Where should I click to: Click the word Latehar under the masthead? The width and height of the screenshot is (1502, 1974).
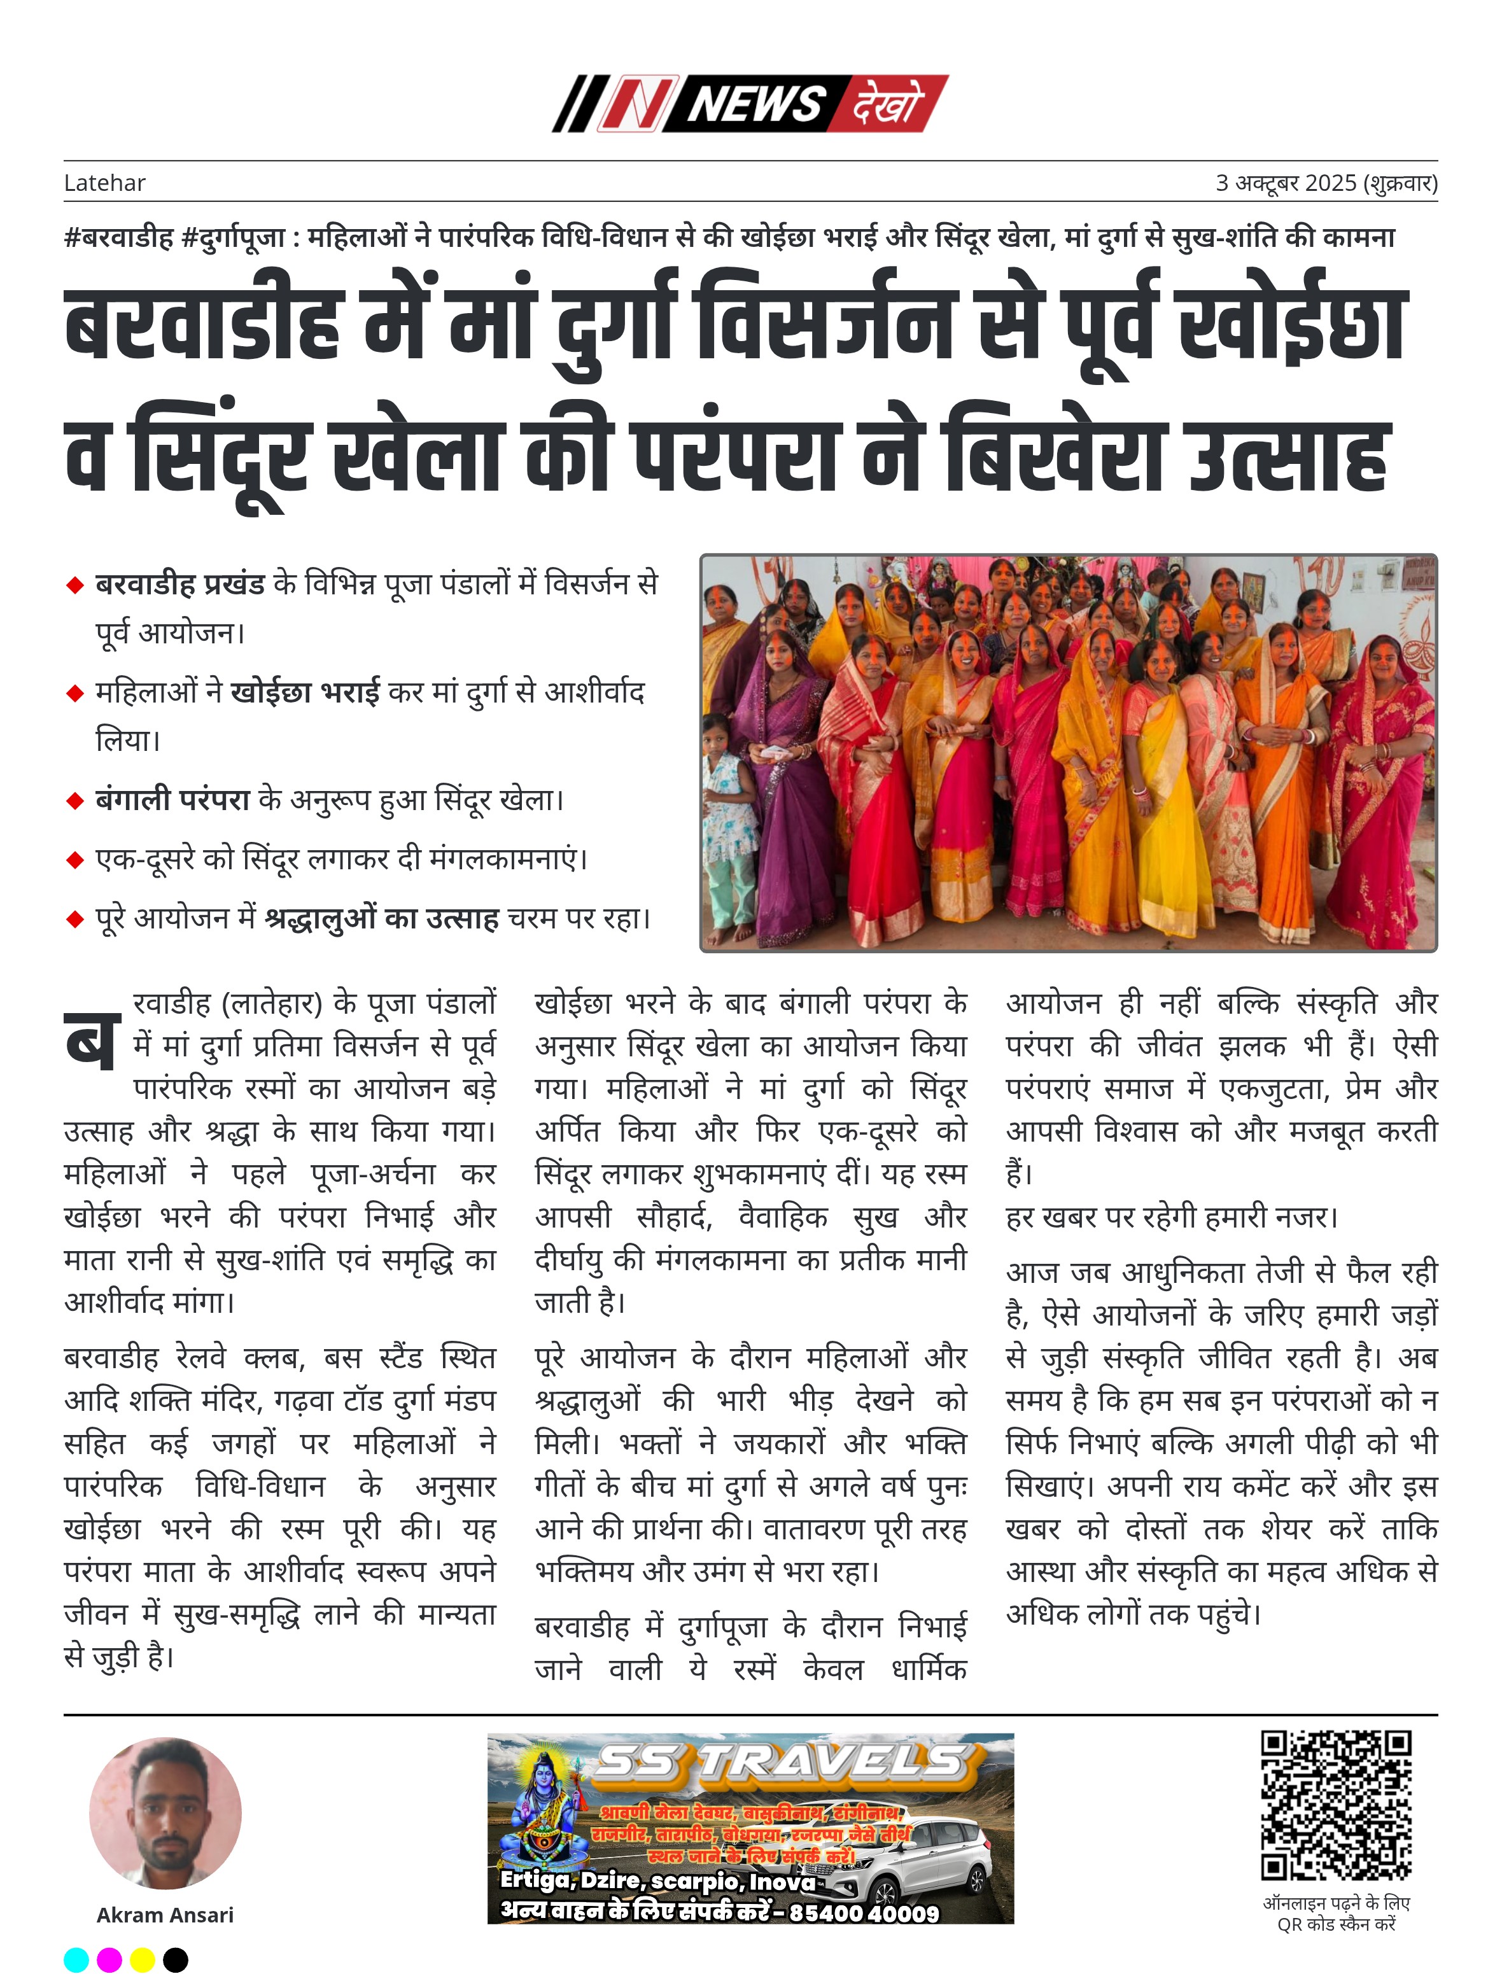click(104, 183)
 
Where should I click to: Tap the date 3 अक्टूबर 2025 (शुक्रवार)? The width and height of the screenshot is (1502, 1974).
click(1326, 183)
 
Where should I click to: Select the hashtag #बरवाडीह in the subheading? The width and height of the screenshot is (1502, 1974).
click(119, 238)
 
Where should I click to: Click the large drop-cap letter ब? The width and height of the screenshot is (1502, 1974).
click(92, 1042)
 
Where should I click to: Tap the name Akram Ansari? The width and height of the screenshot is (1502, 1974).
click(165, 1915)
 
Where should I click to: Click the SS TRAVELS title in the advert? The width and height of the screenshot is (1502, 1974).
click(780, 1762)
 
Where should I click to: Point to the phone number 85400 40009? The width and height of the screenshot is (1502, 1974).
click(864, 1913)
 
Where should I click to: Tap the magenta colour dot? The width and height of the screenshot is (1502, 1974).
click(109, 1960)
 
